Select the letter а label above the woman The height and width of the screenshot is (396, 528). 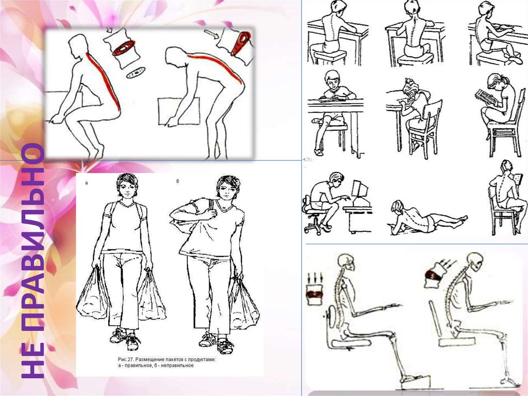pyautogui.click(x=87, y=183)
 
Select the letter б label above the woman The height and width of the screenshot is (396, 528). pyautogui.click(x=178, y=181)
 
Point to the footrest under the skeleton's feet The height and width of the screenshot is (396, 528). pyautogui.click(x=416, y=382)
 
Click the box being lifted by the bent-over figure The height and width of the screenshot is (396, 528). pyautogui.click(x=178, y=111)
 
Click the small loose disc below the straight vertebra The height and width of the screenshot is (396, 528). pyautogui.click(x=136, y=72)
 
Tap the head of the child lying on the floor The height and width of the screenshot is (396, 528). pyautogui.click(x=398, y=206)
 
